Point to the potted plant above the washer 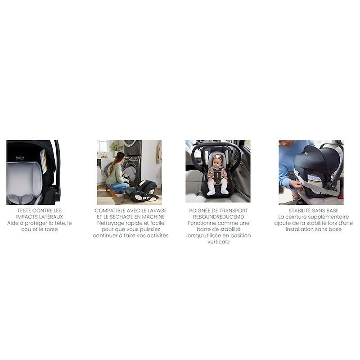(x=116, y=147)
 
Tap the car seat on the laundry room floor (x=140, y=191)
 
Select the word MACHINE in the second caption (x=155, y=216)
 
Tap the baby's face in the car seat (x=218, y=162)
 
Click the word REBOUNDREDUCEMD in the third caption (x=218, y=216)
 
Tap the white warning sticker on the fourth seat (x=314, y=180)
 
